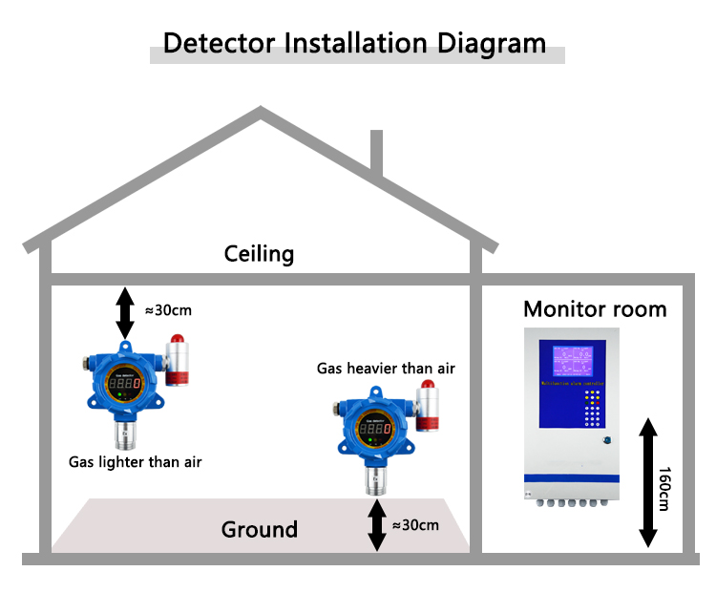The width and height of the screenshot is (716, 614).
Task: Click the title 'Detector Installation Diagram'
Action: [x=355, y=43]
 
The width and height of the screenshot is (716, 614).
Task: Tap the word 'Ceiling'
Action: [x=259, y=254]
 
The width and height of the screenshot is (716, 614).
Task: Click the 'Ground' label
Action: [x=259, y=529]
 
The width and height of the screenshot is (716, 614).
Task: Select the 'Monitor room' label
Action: [x=595, y=309]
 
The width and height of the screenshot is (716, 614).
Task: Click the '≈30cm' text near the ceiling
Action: [x=169, y=309]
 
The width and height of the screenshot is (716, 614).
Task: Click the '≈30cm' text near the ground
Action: [x=416, y=524]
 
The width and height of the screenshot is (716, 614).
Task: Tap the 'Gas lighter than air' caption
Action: [x=136, y=462]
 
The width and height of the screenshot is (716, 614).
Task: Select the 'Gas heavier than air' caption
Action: [x=387, y=369]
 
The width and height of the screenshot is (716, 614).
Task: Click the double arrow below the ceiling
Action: [x=125, y=311]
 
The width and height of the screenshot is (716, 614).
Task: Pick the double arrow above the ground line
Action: [x=377, y=524]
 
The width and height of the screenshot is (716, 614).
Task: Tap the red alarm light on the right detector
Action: [x=429, y=388]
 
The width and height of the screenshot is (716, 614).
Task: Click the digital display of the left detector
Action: [x=125, y=384]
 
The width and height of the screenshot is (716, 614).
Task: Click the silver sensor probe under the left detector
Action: [x=124, y=435]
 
